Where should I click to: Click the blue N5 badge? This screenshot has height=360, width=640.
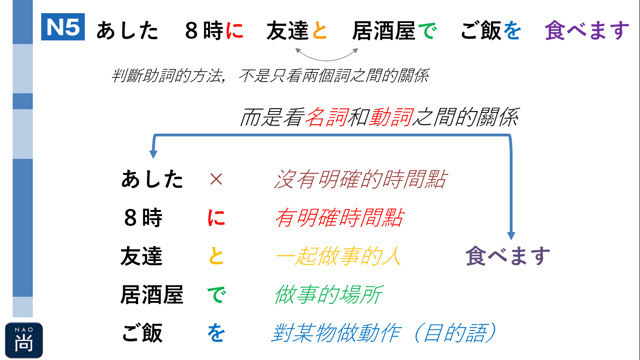pyautogui.click(x=63, y=27)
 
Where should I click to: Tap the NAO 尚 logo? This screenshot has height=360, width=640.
pyautogui.click(x=24, y=340)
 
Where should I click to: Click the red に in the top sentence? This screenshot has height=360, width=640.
pyautogui.click(x=235, y=30)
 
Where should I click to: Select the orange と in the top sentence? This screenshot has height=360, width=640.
pyautogui.click(x=320, y=30)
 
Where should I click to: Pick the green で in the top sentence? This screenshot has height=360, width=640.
pyautogui.click(x=427, y=30)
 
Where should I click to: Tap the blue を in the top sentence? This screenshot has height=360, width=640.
pyautogui.click(x=512, y=30)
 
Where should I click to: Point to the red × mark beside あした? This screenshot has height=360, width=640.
pyautogui.click(x=216, y=179)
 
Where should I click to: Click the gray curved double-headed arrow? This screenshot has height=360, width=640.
pyautogui.click(x=327, y=60)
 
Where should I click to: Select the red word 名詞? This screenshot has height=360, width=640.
pyautogui.click(x=327, y=117)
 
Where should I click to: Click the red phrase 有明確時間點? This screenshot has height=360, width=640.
pyautogui.click(x=339, y=217)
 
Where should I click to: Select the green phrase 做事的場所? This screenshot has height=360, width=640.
pyautogui.click(x=328, y=294)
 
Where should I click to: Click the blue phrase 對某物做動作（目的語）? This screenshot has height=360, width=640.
pyautogui.click(x=384, y=333)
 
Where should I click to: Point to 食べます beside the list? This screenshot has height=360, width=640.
pyautogui.click(x=508, y=256)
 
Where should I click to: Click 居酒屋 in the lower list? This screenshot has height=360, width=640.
pyautogui.click(x=152, y=294)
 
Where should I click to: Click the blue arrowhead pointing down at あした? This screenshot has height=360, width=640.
pyautogui.click(x=153, y=154)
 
